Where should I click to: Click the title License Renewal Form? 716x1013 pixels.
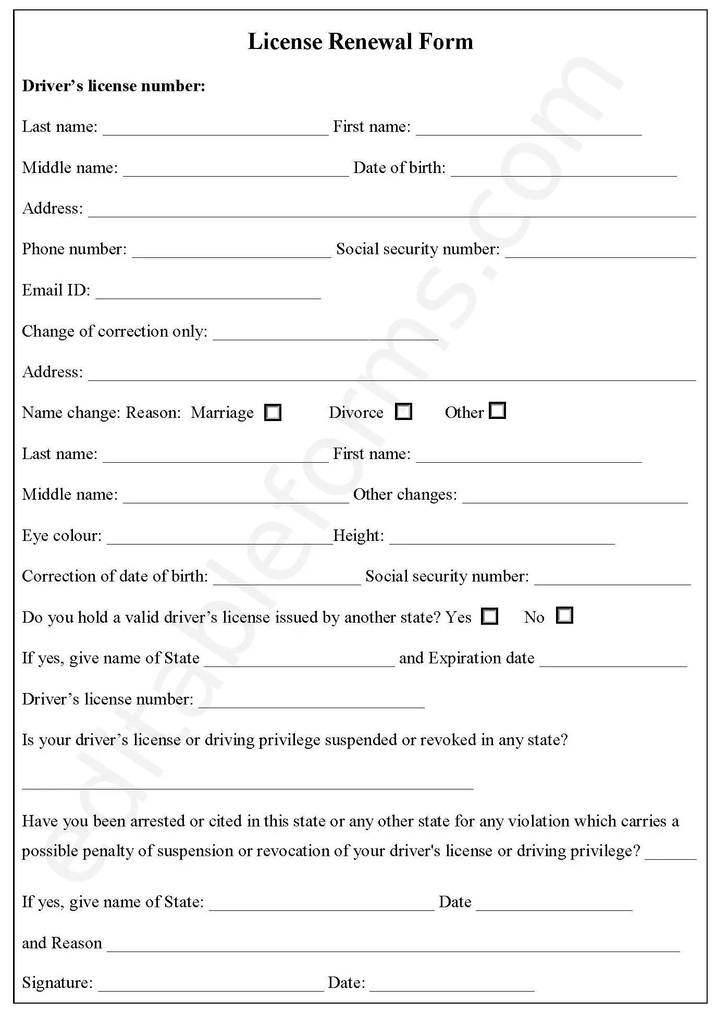(x=360, y=42)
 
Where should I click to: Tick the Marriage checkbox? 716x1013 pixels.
(x=273, y=412)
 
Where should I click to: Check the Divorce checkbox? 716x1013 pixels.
(x=403, y=411)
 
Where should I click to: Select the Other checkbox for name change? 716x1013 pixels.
(x=498, y=410)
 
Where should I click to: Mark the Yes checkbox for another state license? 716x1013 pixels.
(x=489, y=616)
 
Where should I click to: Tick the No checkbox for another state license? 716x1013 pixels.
(x=564, y=615)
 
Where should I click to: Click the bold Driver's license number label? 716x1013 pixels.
(x=114, y=86)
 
